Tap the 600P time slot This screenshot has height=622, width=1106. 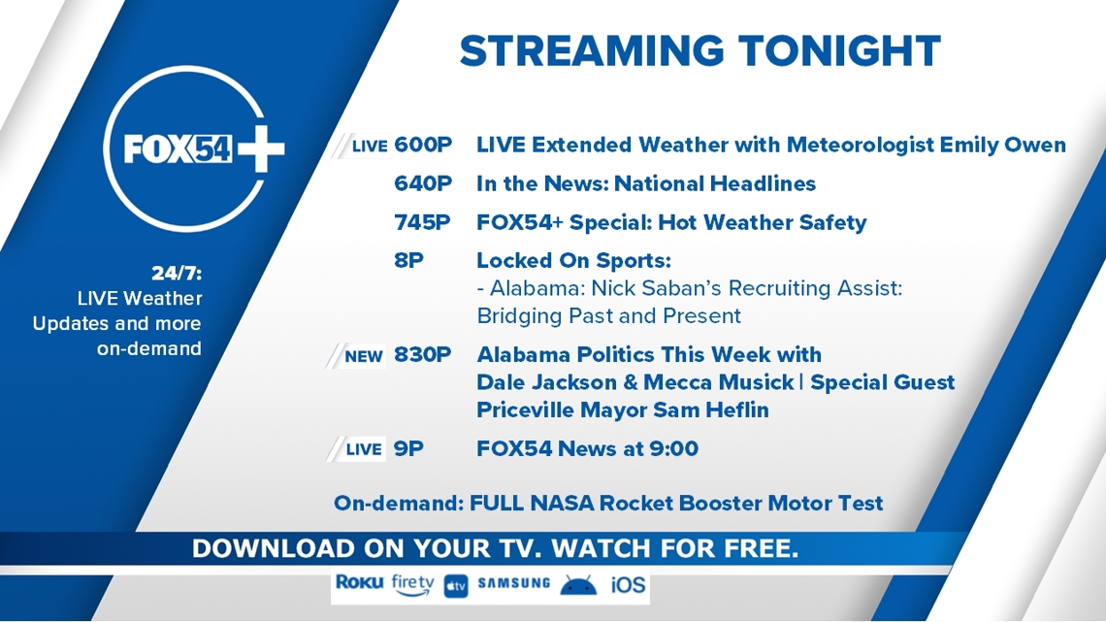422,145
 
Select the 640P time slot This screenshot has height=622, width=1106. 422,183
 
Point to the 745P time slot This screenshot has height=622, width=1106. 422,222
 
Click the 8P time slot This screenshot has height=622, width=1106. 408,260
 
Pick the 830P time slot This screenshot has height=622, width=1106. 422,354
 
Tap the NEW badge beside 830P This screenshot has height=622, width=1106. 363,356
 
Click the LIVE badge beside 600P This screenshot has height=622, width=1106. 370,146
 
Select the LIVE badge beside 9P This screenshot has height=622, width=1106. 364,449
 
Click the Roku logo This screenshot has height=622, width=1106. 360,582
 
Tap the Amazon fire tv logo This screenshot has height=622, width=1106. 412,584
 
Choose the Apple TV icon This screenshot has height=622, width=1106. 456,586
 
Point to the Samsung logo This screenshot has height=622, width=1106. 513,583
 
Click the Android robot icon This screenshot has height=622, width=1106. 578,584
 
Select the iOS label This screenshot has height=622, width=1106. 628,584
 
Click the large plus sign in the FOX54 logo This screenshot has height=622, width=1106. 261,148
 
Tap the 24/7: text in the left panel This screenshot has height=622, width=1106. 177,273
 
